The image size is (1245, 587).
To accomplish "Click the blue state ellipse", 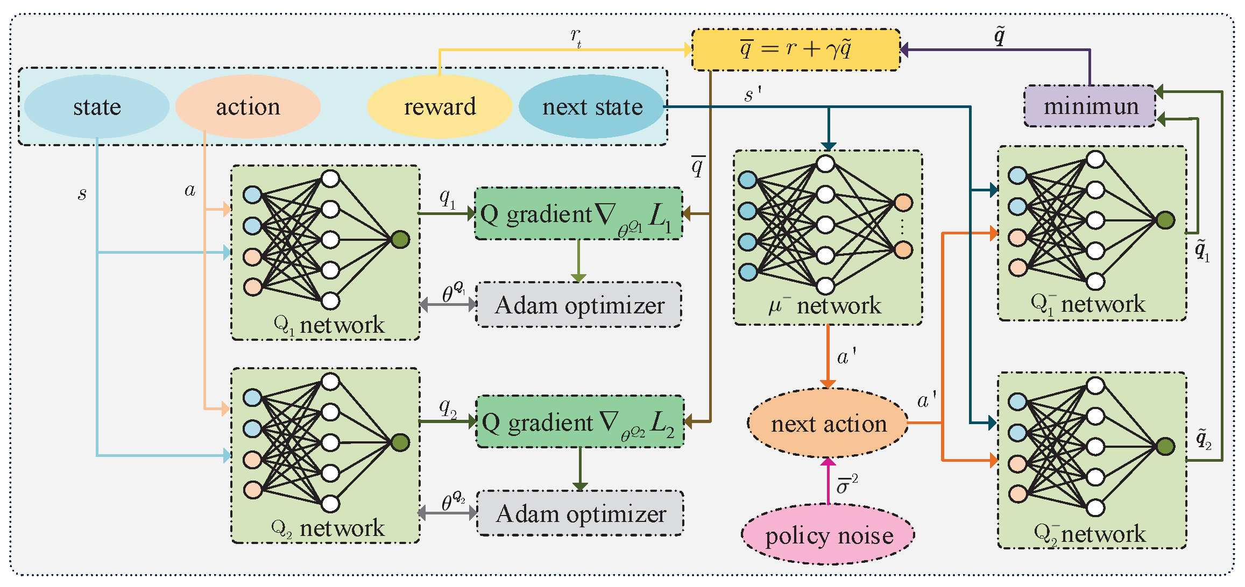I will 97,106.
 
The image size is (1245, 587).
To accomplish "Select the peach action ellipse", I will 248,106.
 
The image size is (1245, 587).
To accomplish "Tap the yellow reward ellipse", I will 440,106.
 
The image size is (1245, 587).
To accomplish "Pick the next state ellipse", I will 592,106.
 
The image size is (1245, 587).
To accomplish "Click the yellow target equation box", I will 795,49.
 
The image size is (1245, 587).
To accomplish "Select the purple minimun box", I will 1090,106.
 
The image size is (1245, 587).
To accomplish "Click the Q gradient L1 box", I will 578,214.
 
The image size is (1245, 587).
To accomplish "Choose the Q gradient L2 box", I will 580,422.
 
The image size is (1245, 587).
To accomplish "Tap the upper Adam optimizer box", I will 579,305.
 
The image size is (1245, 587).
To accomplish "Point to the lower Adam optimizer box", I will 580,513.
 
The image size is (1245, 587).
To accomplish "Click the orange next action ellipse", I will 828,424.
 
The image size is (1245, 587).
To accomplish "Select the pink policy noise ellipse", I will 828,535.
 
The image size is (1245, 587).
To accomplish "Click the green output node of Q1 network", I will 400,239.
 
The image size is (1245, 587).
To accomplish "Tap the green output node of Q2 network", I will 400,442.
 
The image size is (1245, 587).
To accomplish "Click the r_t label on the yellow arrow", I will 576,38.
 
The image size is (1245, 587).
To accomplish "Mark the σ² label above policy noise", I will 847,484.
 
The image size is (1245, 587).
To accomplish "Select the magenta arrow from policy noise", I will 828,481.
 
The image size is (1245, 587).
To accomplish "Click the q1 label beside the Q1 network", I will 447,199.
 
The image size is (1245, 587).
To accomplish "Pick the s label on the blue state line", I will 82,194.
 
